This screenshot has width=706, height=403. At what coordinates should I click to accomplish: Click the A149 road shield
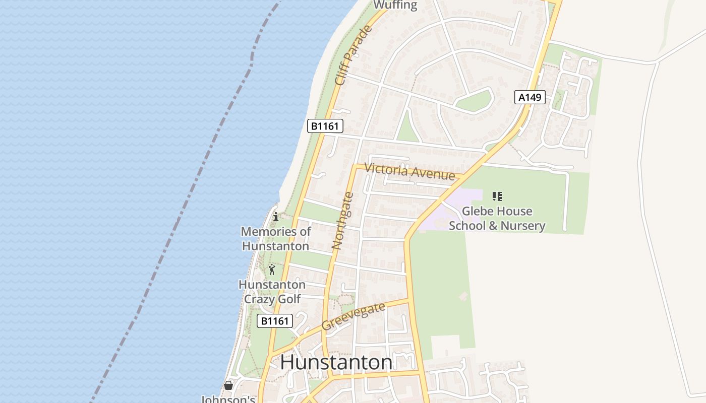(x=530, y=97)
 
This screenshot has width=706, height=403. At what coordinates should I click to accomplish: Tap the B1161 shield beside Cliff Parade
(x=325, y=125)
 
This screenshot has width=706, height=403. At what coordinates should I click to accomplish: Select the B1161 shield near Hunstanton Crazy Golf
(x=275, y=321)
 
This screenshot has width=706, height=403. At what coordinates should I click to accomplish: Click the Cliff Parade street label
(x=354, y=55)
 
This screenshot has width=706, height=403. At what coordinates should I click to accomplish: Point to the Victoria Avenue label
(x=409, y=172)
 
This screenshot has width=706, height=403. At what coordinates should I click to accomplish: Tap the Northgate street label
(x=343, y=221)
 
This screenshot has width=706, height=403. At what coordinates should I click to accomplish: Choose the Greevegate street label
(x=353, y=316)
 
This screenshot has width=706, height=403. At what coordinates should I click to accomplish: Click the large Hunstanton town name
(x=336, y=362)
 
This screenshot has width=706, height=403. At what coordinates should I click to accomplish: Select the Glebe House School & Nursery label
(x=497, y=218)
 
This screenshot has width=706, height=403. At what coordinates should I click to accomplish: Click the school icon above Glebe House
(x=497, y=196)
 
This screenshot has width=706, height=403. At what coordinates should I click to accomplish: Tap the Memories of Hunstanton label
(x=276, y=239)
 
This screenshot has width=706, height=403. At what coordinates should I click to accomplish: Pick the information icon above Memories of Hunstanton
(x=276, y=217)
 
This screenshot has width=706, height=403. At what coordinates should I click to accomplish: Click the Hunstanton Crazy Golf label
(x=272, y=292)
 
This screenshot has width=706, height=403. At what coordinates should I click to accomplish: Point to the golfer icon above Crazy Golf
(x=272, y=270)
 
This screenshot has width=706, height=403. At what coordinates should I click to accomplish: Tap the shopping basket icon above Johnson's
(x=228, y=385)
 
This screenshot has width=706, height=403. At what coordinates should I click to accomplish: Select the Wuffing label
(x=395, y=6)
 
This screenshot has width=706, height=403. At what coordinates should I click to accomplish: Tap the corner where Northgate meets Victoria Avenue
(x=355, y=167)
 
